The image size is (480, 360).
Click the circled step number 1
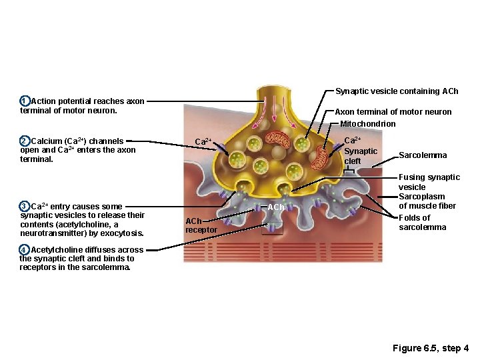click(x=24, y=101)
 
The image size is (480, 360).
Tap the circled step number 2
click(x=24, y=141)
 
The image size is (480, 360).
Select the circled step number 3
click(x=24, y=206)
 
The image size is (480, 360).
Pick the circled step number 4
click(x=24, y=250)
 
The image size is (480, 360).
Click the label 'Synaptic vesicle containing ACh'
click(x=397, y=91)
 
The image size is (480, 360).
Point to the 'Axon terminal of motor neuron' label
click(x=393, y=112)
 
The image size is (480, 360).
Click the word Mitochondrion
click(x=367, y=123)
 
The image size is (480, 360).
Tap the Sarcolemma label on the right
click(x=422, y=155)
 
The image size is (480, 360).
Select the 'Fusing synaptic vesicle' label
click(x=429, y=182)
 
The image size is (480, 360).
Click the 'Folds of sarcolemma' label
click(x=415, y=223)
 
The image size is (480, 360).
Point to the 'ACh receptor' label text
click(x=200, y=225)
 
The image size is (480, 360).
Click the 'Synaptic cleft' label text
click(x=360, y=156)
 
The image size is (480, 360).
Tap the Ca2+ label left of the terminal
click(x=203, y=141)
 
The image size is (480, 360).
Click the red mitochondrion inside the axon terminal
click(x=279, y=139)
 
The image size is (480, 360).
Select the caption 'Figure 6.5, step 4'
click(x=431, y=348)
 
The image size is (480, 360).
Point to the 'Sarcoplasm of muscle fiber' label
click(x=427, y=201)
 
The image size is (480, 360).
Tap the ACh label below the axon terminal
click(x=276, y=207)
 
